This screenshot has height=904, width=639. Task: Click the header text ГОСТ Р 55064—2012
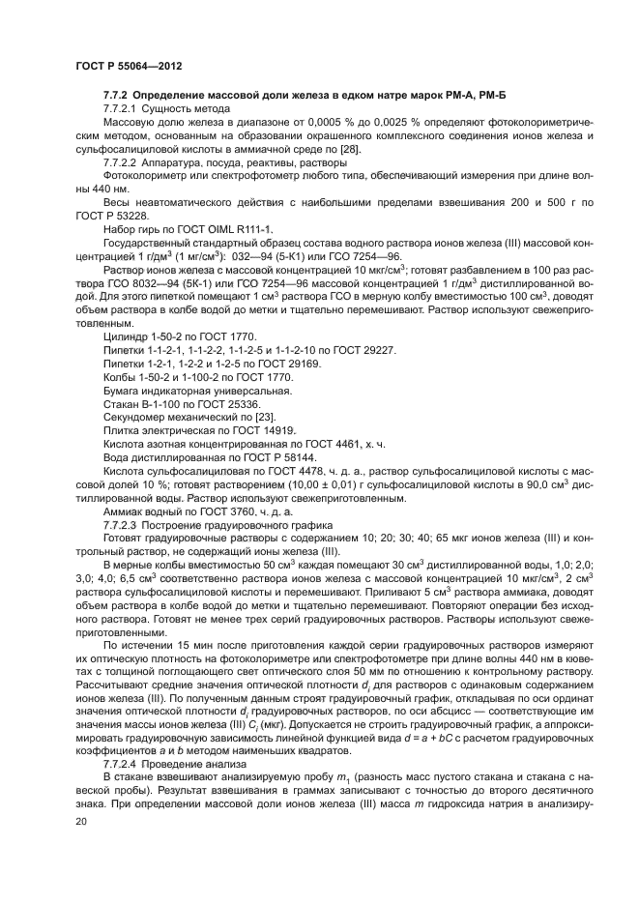[x=129, y=65]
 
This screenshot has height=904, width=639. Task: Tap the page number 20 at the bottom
[x=81, y=821]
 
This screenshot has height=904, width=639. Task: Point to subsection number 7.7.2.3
[x=123, y=522]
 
